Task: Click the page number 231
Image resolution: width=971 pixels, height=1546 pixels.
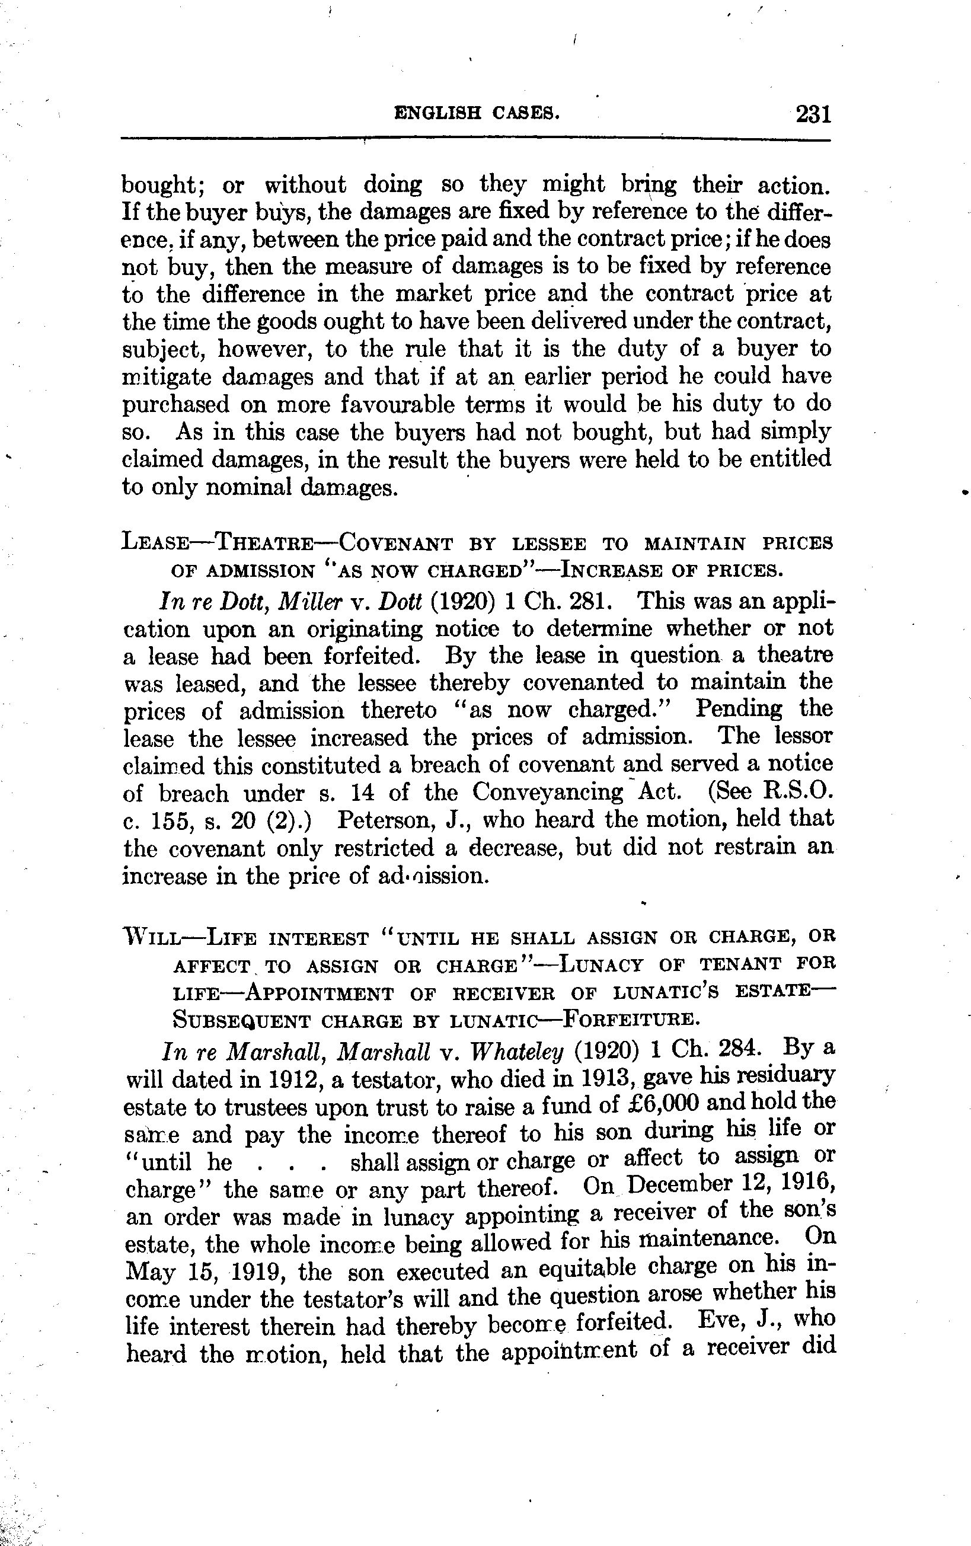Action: [x=814, y=114]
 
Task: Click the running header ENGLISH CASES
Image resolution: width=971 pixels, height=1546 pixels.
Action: [x=477, y=114]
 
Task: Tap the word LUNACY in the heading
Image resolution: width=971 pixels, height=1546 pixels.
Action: [x=601, y=966]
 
